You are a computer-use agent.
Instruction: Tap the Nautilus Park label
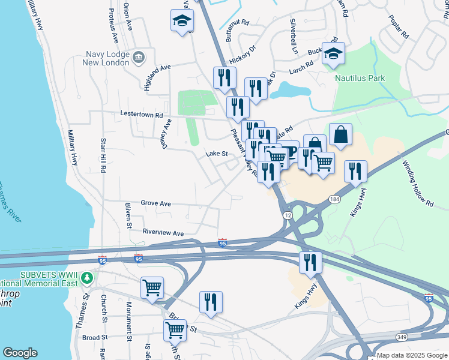(x=360, y=78)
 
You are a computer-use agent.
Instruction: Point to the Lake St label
(x=217, y=154)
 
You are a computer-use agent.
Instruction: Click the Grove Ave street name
(x=156, y=204)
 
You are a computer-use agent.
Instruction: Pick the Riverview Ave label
(x=163, y=233)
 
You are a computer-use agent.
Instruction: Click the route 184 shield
(x=334, y=199)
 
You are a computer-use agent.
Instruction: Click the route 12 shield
(x=288, y=214)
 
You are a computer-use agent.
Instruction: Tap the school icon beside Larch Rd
(x=333, y=53)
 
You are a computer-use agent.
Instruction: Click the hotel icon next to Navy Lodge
(x=139, y=58)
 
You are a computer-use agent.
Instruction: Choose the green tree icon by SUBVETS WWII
(x=87, y=277)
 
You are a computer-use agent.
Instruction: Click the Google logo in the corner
(x=20, y=353)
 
